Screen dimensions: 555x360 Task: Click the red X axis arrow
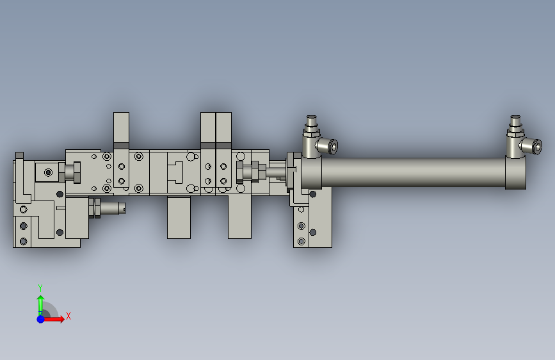click(x=52, y=319)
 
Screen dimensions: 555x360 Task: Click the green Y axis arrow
click(x=40, y=306)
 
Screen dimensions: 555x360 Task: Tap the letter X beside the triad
click(x=68, y=316)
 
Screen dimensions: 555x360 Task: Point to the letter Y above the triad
click(x=40, y=288)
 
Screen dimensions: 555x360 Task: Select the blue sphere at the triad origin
click(x=41, y=319)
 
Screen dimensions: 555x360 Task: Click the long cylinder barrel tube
click(x=413, y=172)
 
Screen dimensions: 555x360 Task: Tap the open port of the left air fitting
click(x=333, y=146)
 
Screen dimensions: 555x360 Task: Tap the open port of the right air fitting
click(x=537, y=146)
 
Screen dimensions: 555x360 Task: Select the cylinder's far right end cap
click(x=515, y=173)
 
